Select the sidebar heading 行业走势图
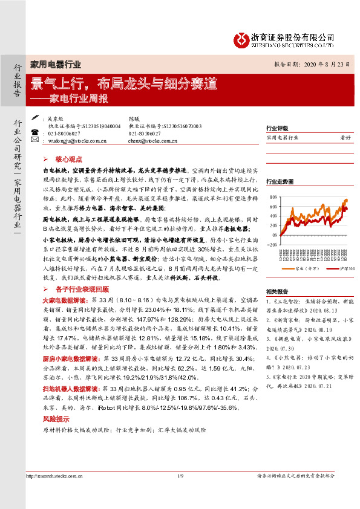pyautogui.click(x=280, y=181)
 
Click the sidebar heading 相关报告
pyautogui.click(x=277, y=291)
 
